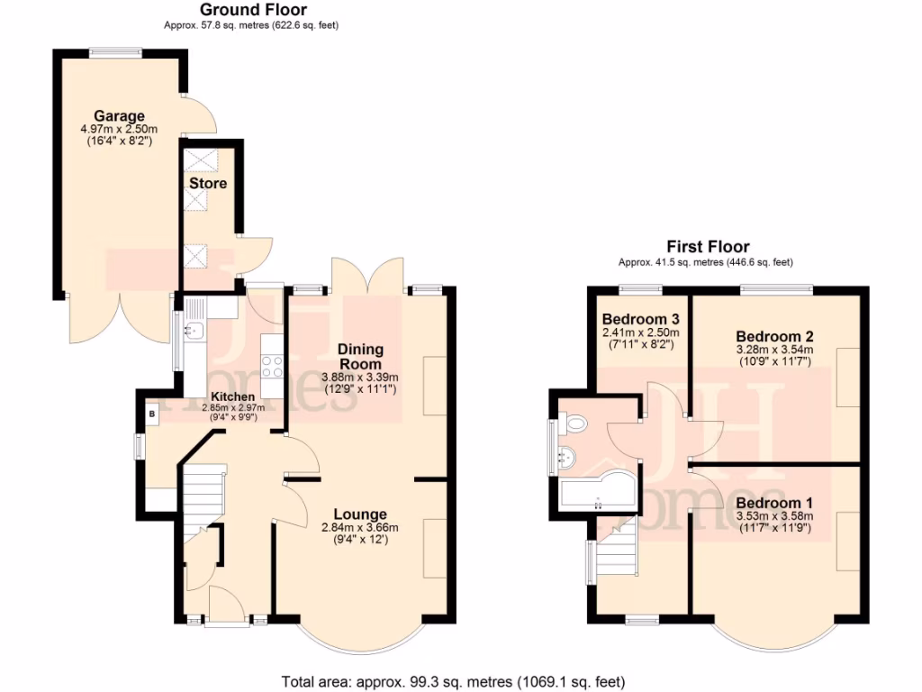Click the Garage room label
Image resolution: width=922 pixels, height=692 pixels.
point(119,116)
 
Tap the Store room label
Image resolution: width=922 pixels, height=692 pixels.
point(207,184)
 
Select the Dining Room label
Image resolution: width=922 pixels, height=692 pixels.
point(360,356)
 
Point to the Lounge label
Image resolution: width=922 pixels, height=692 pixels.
point(359,514)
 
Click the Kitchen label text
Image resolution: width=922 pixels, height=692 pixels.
point(232,396)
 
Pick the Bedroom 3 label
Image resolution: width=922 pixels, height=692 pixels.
point(640,319)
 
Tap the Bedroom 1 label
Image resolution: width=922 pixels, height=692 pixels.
point(774,503)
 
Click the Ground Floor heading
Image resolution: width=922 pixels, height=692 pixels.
point(251,10)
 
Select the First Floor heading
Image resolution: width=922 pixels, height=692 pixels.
point(707,247)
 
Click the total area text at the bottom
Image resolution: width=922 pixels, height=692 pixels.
point(453,681)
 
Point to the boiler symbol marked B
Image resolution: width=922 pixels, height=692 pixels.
point(152,414)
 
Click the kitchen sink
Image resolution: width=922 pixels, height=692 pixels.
point(192,331)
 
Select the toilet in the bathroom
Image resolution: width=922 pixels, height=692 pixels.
point(574,422)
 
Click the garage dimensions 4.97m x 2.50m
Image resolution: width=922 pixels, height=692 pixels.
point(119,130)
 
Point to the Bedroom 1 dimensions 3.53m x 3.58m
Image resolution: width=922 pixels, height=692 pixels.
point(774,516)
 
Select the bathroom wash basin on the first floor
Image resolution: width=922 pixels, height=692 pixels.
point(567,457)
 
